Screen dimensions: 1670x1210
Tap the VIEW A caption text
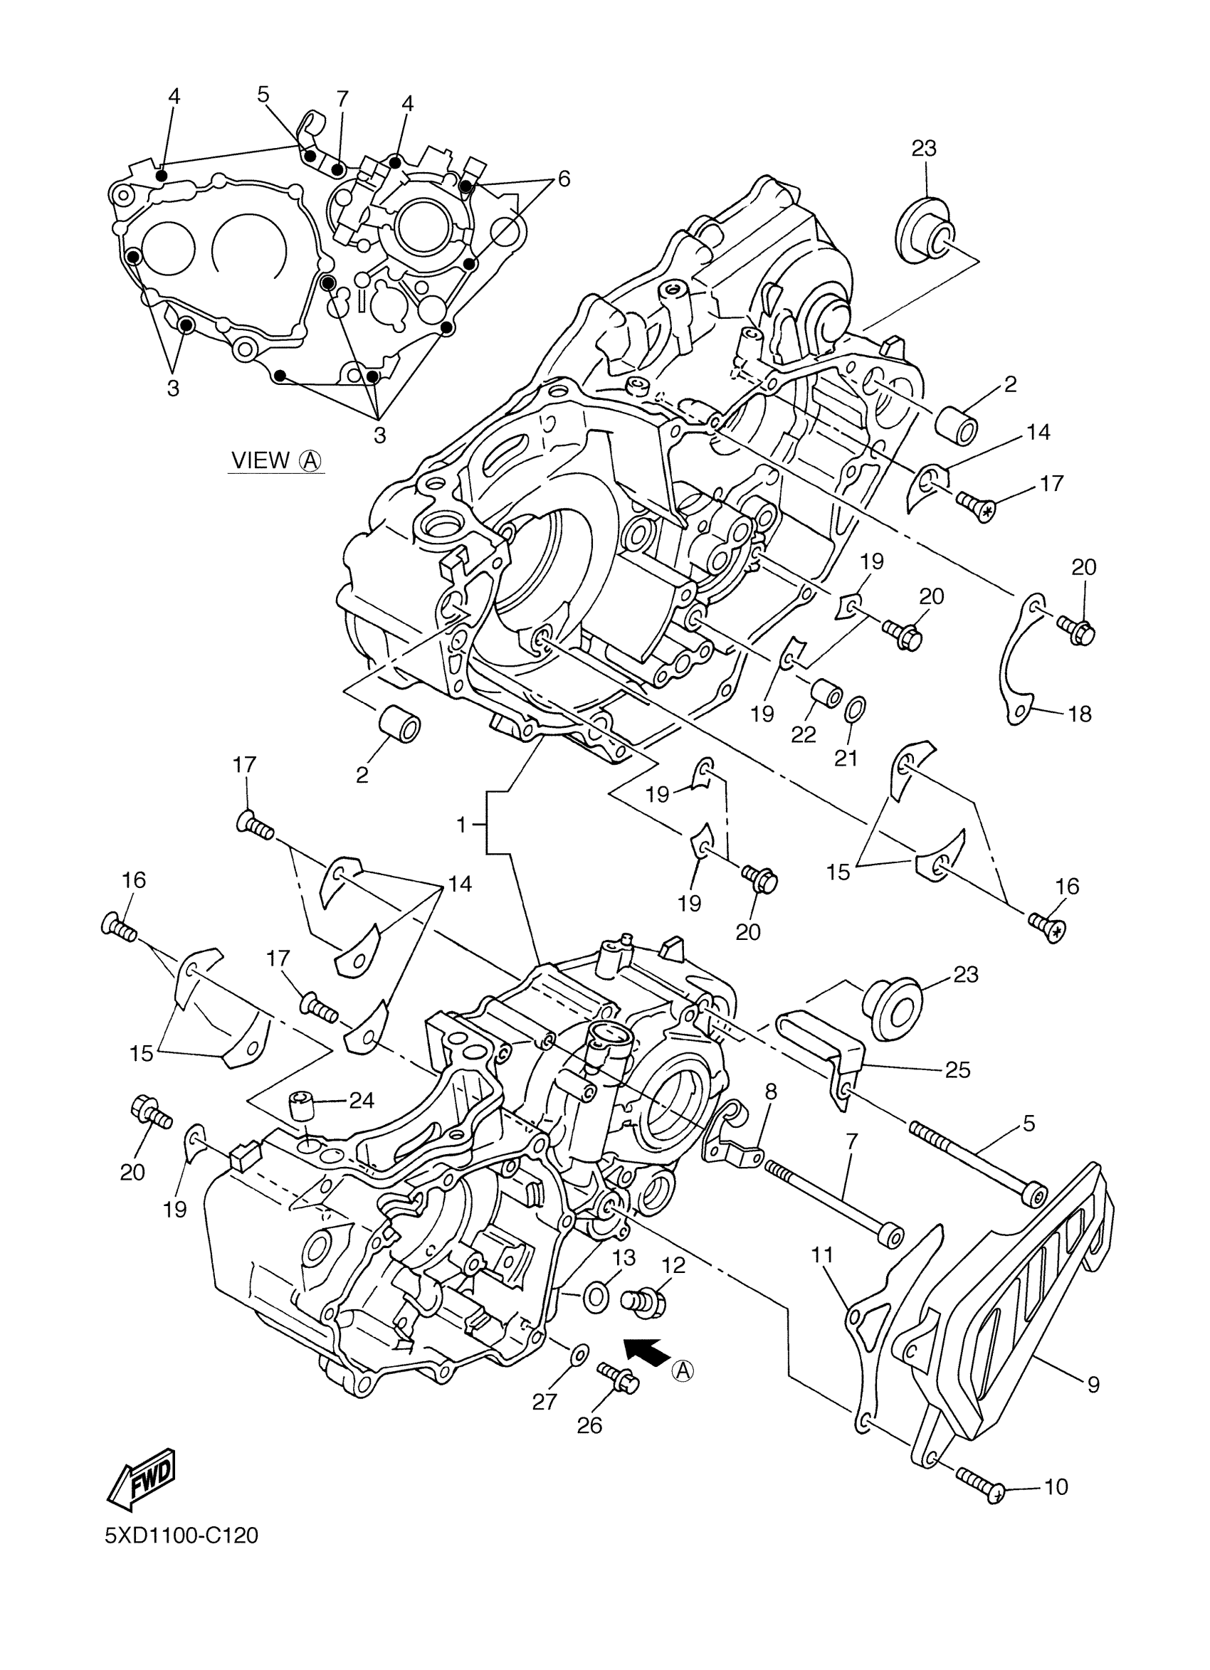[x=277, y=460]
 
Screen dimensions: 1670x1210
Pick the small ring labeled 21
[x=856, y=709]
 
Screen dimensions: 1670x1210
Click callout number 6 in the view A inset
[x=564, y=179]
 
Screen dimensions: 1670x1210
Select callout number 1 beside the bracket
[x=462, y=825]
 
